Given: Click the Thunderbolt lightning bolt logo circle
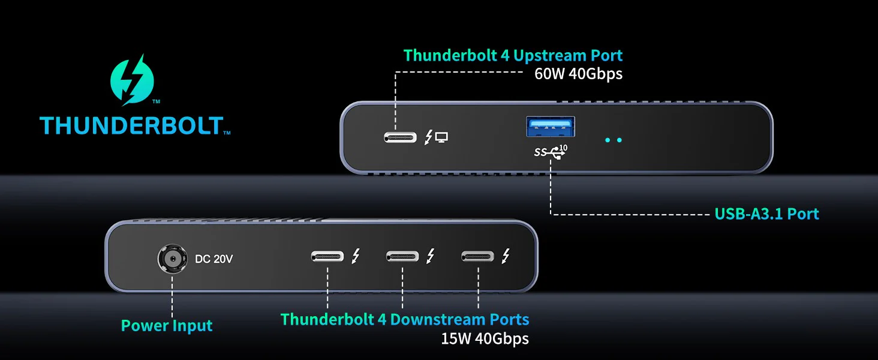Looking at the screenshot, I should click(x=133, y=80).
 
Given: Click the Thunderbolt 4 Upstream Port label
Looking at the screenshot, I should click(x=513, y=56).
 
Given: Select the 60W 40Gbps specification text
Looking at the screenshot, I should click(x=578, y=74).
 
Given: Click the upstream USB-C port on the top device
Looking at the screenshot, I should click(x=401, y=137).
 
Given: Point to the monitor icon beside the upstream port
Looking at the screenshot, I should click(x=442, y=137).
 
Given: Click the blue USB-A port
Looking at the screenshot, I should click(x=551, y=127).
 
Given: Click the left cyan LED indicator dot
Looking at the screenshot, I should click(x=608, y=140).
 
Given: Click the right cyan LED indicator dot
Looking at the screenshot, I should click(x=620, y=140).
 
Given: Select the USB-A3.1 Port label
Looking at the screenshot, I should click(x=766, y=214).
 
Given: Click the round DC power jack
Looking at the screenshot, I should click(x=172, y=259).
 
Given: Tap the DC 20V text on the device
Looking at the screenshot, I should click(x=214, y=259).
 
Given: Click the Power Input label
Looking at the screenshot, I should click(x=167, y=326).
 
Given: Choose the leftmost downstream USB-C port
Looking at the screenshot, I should click(x=327, y=257).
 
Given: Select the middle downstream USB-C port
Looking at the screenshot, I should click(x=402, y=257).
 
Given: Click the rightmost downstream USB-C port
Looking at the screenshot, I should click(x=478, y=257).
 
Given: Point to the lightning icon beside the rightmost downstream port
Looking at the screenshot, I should click(x=506, y=256).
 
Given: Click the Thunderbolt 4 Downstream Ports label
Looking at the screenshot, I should click(x=405, y=319).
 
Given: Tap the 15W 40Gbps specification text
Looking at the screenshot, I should click(x=485, y=339).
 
